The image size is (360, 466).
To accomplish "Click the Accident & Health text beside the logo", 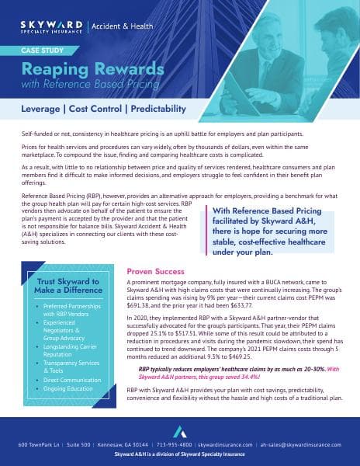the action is (x=123, y=27).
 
